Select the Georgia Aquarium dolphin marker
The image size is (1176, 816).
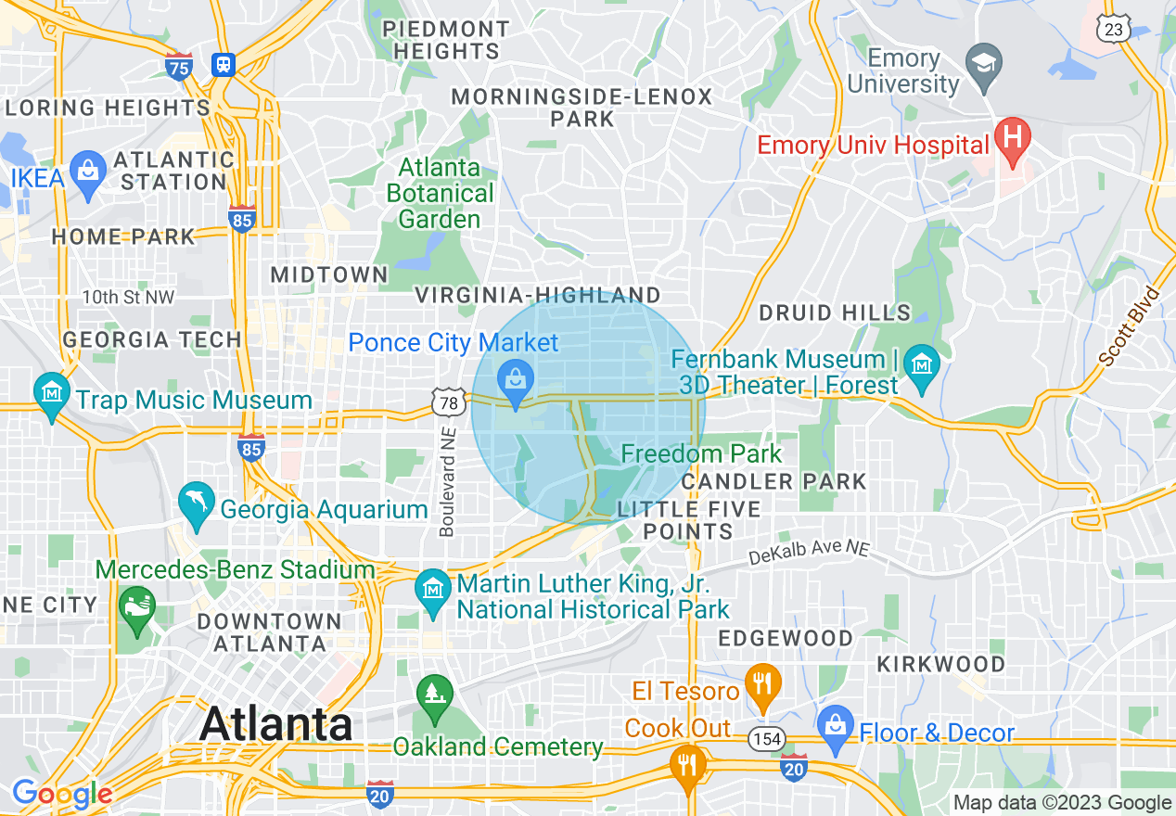[x=197, y=503]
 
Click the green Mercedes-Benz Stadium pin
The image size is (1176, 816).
[x=137, y=608]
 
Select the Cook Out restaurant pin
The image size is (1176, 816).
[x=687, y=766]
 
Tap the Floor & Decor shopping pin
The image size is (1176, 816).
[x=836, y=724]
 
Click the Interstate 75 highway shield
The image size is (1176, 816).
[x=180, y=67]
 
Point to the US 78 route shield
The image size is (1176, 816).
[x=447, y=402]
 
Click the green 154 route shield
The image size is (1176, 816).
[x=768, y=739]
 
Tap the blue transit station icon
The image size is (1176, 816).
[x=223, y=65]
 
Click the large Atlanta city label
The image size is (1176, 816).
[x=275, y=722]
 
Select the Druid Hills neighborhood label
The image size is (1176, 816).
[x=835, y=312]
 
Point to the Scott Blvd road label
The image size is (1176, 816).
[x=1129, y=325]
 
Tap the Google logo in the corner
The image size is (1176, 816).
[x=62, y=794]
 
